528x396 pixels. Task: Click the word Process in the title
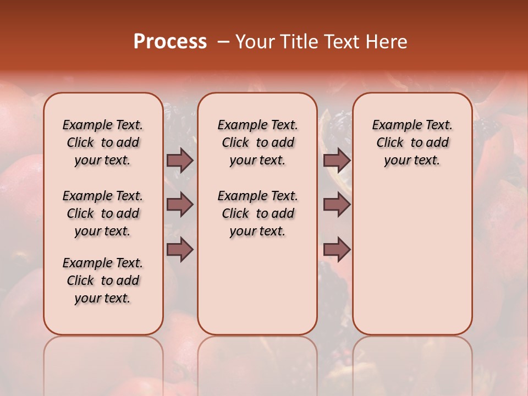click(x=170, y=42)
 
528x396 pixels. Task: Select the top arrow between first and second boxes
click(x=180, y=160)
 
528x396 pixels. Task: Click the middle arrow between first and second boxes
click(x=180, y=205)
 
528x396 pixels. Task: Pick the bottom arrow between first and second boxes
click(x=180, y=250)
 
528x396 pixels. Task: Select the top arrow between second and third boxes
click(x=337, y=160)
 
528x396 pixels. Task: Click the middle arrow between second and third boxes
click(x=337, y=205)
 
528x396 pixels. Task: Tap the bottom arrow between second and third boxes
click(x=337, y=250)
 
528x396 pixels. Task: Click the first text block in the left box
click(x=103, y=142)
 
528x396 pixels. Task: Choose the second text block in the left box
click(x=103, y=213)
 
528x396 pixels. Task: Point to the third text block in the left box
click(x=103, y=280)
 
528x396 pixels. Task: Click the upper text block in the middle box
click(x=257, y=142)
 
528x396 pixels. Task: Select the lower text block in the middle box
click(x=257, y=213)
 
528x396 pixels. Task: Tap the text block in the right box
click(x=413, y=142)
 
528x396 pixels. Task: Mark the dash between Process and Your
click(x=223, y=42)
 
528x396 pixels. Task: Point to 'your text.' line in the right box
click(x=413, y=161)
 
